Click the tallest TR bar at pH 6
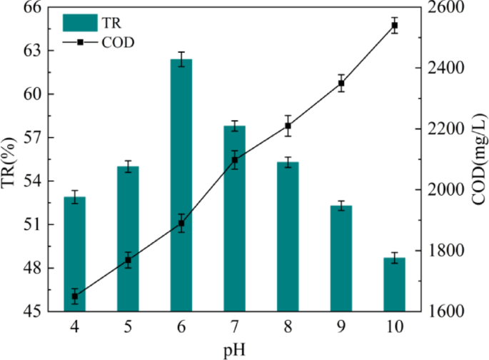point(181,186)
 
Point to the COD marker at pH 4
point(74,296)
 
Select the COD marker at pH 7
point(234,160)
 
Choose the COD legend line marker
point(80,42)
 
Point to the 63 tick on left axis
point(34,51)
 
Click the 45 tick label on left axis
point(34,312)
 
